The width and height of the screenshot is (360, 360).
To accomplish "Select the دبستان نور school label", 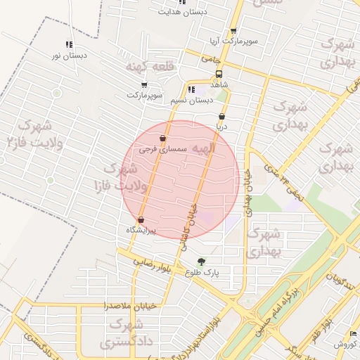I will click(x=70, y=55).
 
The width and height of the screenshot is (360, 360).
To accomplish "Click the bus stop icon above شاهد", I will click(x=219, y=73).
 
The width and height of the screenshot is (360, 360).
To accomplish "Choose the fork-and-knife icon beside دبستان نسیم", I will click(x=191, y=89).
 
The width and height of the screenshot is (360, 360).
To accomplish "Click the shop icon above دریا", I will click(x=222, y=117).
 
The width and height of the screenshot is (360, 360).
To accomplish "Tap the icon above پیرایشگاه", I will click(x=141, y=220).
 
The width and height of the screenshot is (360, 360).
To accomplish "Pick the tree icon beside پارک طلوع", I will click(x=202, y=262).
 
